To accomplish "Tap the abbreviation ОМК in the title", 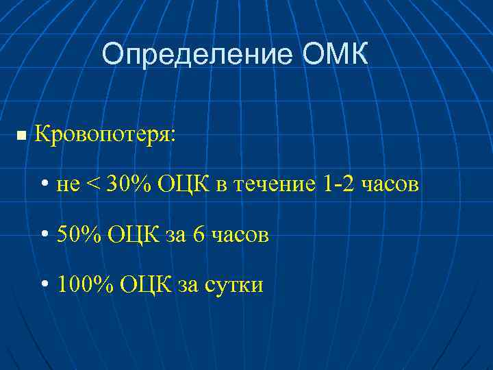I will pyautogui.click(x=334, y=54).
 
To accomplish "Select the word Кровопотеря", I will pyautogui.click(x=105, y=134).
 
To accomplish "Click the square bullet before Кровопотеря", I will pyautogui.click(x=21, y=136).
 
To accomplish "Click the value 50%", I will pyautogui.click(x=79, y=235).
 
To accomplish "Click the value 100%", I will pyautogui.click(x=86, y=284).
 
